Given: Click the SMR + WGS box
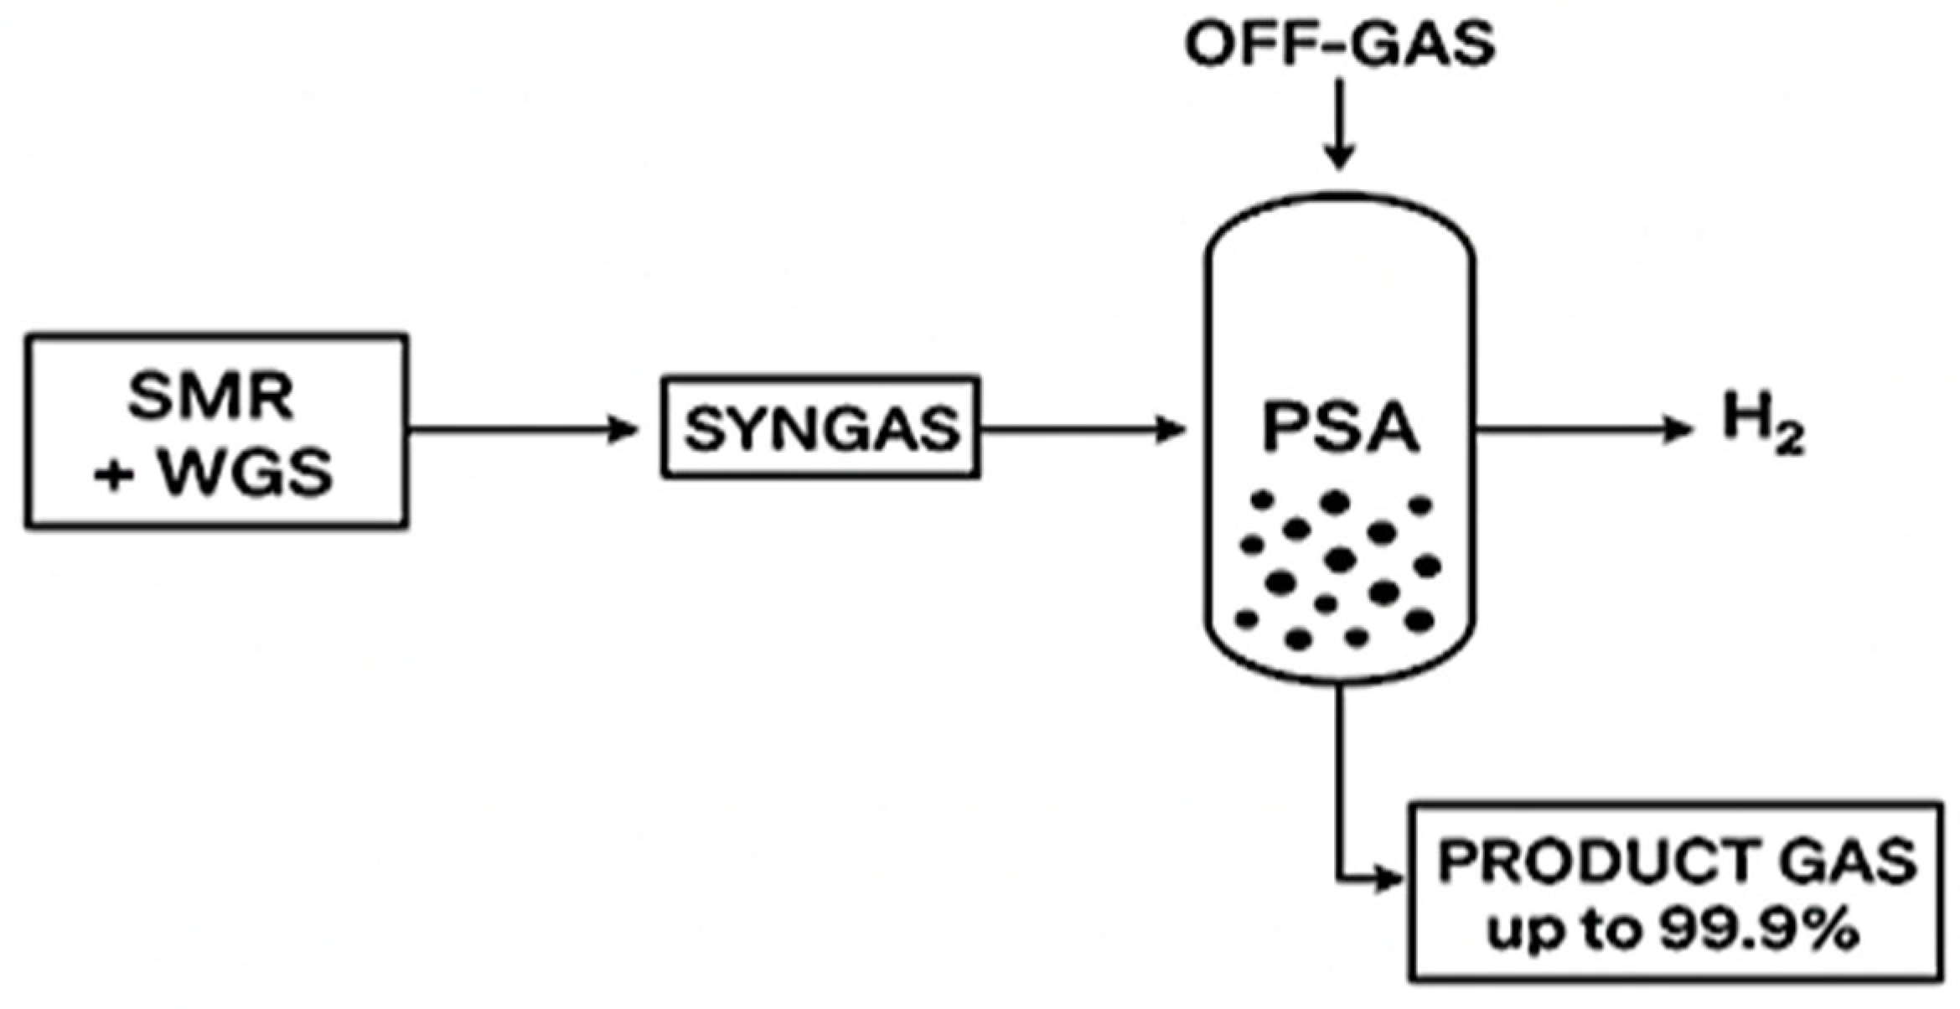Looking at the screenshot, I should [x=216, y=431].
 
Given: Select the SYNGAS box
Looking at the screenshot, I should [x=820, y=428].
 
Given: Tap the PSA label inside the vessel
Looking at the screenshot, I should [x=1340, y=428].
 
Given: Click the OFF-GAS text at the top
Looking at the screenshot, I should [x=1339, y=44].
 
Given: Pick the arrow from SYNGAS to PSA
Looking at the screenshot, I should [x=1081, y=430].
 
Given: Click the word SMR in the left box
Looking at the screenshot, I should [x=211, y=396].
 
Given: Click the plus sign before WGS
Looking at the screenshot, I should [x=114, y=475].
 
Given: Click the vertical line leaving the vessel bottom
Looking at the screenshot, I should [x=1339, y=779].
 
